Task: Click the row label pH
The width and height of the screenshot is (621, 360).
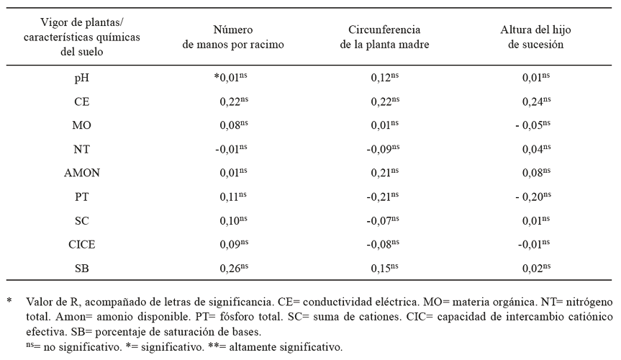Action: pos(81,78)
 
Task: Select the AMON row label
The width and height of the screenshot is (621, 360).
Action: pos(82,173)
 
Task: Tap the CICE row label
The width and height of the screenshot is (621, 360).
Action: pos(82,244)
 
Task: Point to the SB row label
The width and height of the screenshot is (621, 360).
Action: pos(82,269)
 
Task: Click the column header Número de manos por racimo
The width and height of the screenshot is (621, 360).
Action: pos(233,37)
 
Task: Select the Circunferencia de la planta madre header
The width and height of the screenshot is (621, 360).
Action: pos(384,37)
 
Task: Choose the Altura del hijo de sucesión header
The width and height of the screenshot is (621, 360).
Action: pos(535,37)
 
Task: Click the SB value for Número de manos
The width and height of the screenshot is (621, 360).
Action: pos(234,268)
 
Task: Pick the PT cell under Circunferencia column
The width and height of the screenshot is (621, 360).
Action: pos(383,197)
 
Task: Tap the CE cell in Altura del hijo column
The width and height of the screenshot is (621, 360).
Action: pos(536,102)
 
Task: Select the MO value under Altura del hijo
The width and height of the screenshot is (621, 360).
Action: pos(533,125)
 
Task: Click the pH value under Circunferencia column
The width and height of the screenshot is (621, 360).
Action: pos(384,78)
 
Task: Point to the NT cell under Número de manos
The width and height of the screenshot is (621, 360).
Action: pos(231,149)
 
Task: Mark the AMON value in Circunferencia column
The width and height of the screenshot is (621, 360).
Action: pos(384,173)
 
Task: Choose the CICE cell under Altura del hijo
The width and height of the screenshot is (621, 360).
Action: pos(534,244)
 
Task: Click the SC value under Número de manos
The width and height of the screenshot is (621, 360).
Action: pos(233,220)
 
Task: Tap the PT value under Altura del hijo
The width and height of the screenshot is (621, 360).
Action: pos(533,197)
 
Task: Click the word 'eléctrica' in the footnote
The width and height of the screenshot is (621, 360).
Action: pos(398,302)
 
